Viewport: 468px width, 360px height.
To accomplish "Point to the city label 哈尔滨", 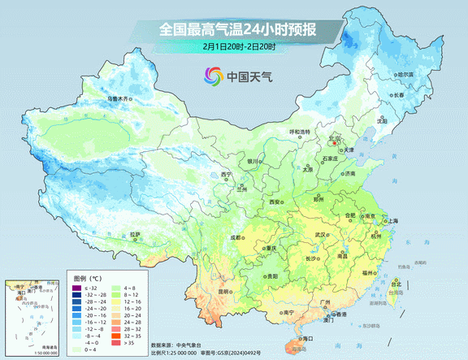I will (x=405, y=75).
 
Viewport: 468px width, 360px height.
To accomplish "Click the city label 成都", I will (x=234, y=237).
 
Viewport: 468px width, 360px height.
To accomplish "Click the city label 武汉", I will (x=322, y=234).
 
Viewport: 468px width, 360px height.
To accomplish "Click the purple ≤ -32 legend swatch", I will (x=76, y=288).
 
